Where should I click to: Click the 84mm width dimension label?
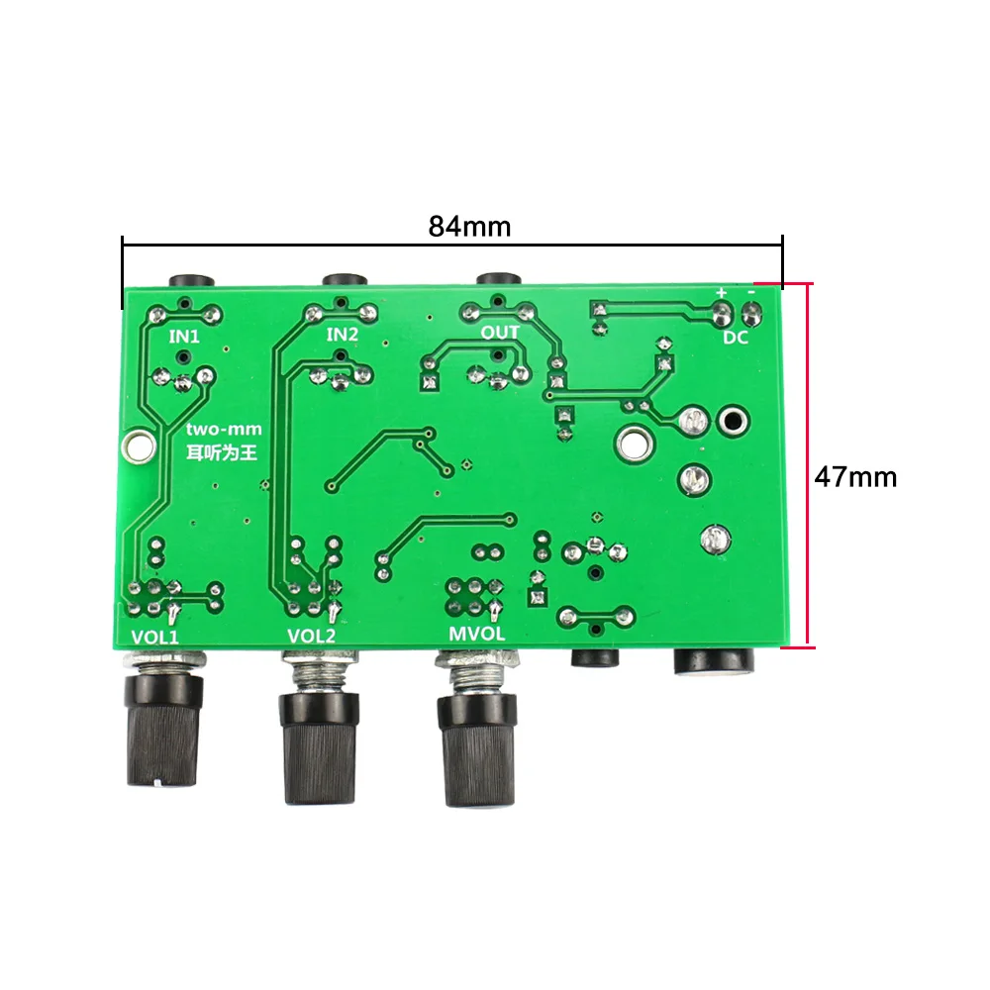469,226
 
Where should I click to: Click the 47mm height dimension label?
855,477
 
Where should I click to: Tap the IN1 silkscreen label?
184,337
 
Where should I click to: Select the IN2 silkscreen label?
343,334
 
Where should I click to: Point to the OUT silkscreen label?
500,332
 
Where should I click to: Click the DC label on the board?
736,338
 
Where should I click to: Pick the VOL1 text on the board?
155,637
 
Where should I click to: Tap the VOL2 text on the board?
311,636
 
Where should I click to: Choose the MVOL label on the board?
477,634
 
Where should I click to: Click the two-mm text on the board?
224,430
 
